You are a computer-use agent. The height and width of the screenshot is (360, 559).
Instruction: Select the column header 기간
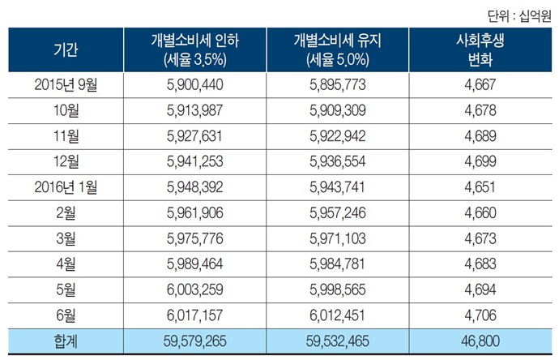(x=66, y=49)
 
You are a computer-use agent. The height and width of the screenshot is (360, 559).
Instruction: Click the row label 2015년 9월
(x=66, y=84)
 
